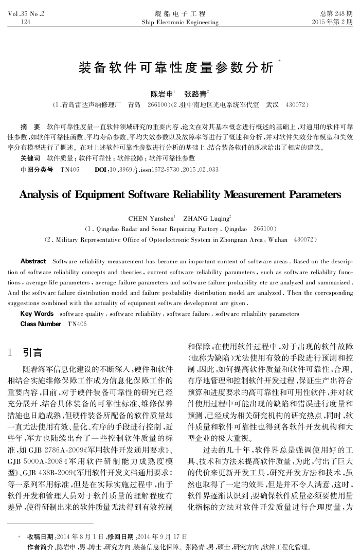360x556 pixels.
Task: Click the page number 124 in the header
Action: pyautogui.click(x=25, y=22)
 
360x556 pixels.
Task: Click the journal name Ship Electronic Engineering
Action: pyautogui.click(x=179, y=22)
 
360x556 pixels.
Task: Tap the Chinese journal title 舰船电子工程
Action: pyautogui.click(x=179, y=14)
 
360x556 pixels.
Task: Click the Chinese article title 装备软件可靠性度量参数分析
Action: pyautogui.click(x=176, y=67)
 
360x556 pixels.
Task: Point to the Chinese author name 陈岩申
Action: pyautogui.click(x=161, y=94)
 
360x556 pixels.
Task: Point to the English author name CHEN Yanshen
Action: pyautogui.click(x=151, y=218)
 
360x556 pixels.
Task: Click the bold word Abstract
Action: pyautogui.click(x=33, y=261)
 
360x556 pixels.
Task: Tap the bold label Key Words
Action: pyautogui.click(x=37, y=314)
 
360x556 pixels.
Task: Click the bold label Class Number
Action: pyautogui.click(x=41, y=324)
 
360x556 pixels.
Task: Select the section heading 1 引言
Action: pyautogui.click(x=25, y=353)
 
